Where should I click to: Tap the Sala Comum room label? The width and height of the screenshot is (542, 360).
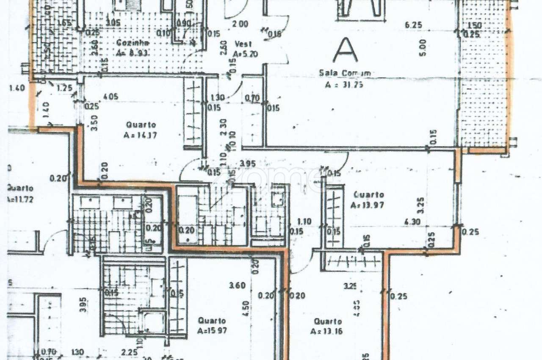point(345,73)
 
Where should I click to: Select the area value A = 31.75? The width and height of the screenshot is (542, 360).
point(345,84)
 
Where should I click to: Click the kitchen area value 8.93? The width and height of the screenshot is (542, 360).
point(135,54)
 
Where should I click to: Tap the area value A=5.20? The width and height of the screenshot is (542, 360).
point(245,54)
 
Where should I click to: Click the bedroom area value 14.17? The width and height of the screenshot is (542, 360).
point(141,136)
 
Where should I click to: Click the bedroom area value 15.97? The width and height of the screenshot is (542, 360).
point(211,331)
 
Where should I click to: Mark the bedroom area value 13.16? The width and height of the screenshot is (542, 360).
point(326,331)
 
